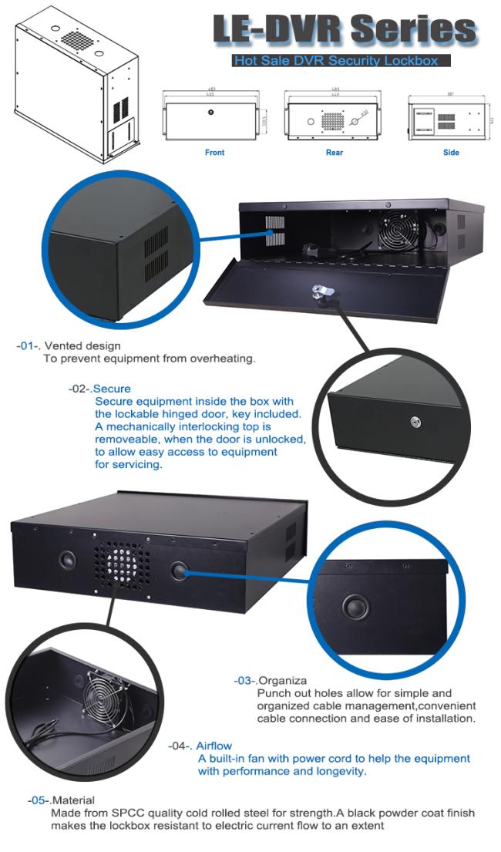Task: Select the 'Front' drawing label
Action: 214,153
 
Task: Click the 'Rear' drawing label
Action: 334,153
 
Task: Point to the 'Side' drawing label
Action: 451,153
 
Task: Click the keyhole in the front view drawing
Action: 211,113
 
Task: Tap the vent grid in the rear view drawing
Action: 332,122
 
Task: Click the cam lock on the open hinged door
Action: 319,292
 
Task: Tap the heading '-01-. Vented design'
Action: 69,346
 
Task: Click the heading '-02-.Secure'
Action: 99,389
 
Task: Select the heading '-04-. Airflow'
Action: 200,746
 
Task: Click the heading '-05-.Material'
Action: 61,801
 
